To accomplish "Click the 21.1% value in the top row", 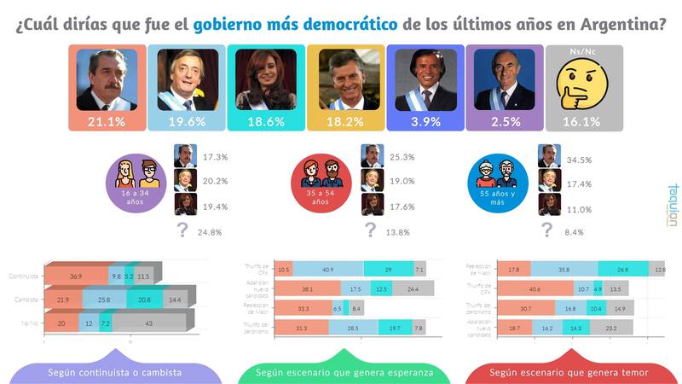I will click(107, 121).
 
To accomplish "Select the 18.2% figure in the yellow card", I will click(346, 121).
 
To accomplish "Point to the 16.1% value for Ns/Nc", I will click(584, 121).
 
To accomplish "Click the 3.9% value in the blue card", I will click(425, 121).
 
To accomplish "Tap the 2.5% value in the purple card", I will click(505, 121).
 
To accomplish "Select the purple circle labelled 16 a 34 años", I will click(134, 182).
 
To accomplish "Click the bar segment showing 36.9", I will click(75, 276).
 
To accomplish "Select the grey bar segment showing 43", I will click(149, 324).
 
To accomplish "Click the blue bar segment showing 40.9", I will click(327, 270).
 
